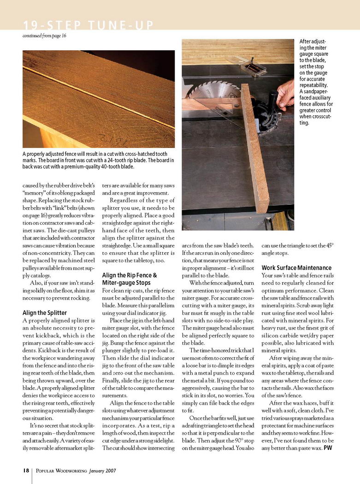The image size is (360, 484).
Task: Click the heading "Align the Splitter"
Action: [x=44, y=313]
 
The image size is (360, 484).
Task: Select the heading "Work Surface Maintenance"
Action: [x=296, y=268]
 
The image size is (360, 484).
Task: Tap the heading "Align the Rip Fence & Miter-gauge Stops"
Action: [x=130, y=279]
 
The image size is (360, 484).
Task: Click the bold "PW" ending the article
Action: [x=328, y=448]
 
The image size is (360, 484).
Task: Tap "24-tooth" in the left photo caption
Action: [x=114, y=160]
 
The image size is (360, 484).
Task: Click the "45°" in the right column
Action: [x=326, y=245]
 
